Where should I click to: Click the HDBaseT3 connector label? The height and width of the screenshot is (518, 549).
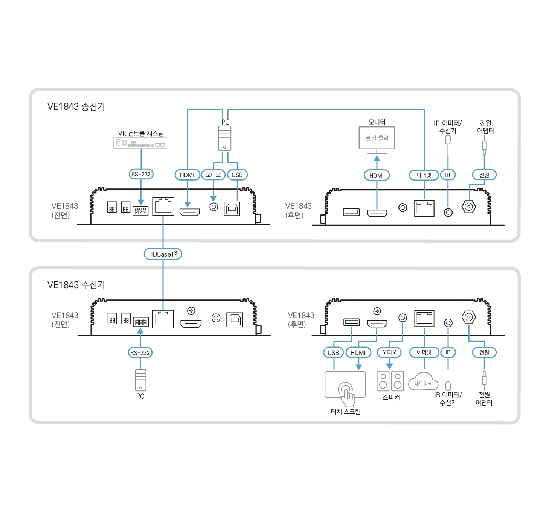point(163,254)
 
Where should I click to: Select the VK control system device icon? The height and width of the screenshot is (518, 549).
point(140,143)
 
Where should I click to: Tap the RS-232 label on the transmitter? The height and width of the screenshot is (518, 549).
point(141,174)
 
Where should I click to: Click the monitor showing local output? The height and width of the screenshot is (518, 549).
point(377,138)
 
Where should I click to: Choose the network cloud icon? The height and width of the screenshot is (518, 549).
point(423,382)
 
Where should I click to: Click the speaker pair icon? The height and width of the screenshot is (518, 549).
point(390,381)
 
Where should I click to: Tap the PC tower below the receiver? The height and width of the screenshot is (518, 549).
point(140,380)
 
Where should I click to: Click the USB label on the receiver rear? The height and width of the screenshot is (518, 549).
point(333,353)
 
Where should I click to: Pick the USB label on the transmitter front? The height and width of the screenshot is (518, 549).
point(237,175)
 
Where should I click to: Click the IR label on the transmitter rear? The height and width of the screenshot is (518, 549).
point(448,175)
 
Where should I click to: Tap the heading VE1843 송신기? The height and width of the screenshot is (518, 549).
point(76,107)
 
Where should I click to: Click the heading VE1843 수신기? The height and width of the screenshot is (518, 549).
point(76,285)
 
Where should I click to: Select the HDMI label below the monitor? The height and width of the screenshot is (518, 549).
point(377,175)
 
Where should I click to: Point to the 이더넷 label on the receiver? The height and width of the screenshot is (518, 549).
point(424,352)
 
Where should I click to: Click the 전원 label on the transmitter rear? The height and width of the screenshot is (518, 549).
point(484,175)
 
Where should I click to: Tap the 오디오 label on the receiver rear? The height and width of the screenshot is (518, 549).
point(389,352)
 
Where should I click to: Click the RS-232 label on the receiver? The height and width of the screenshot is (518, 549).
point(140,353)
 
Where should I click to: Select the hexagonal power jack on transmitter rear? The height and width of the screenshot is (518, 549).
point(469,207)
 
